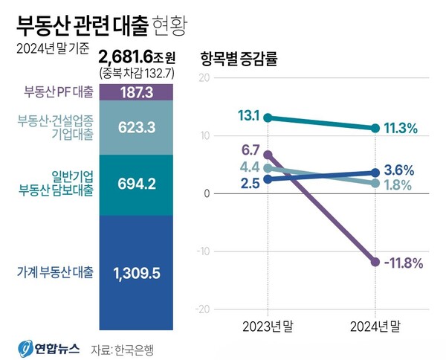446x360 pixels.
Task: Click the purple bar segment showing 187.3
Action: (135, 91)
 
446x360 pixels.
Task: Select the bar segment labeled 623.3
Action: (135, 127)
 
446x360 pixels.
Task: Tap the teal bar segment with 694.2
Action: (135, 184)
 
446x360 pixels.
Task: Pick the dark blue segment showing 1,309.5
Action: (135, 272)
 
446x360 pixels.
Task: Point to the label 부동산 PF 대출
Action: (57, 91)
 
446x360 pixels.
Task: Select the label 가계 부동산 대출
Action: (55, 272)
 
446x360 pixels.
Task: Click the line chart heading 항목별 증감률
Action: (239, 60)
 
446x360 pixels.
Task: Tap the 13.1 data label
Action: (249, 116)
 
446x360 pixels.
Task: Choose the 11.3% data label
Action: (403, 128)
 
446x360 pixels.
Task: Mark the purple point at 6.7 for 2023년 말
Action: (268, 155)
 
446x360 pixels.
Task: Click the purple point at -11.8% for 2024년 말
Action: (375, 262)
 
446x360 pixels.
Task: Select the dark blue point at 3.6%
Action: (375, 173)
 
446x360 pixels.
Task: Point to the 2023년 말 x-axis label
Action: (268, 325)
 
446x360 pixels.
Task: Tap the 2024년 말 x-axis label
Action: (375, 325)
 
